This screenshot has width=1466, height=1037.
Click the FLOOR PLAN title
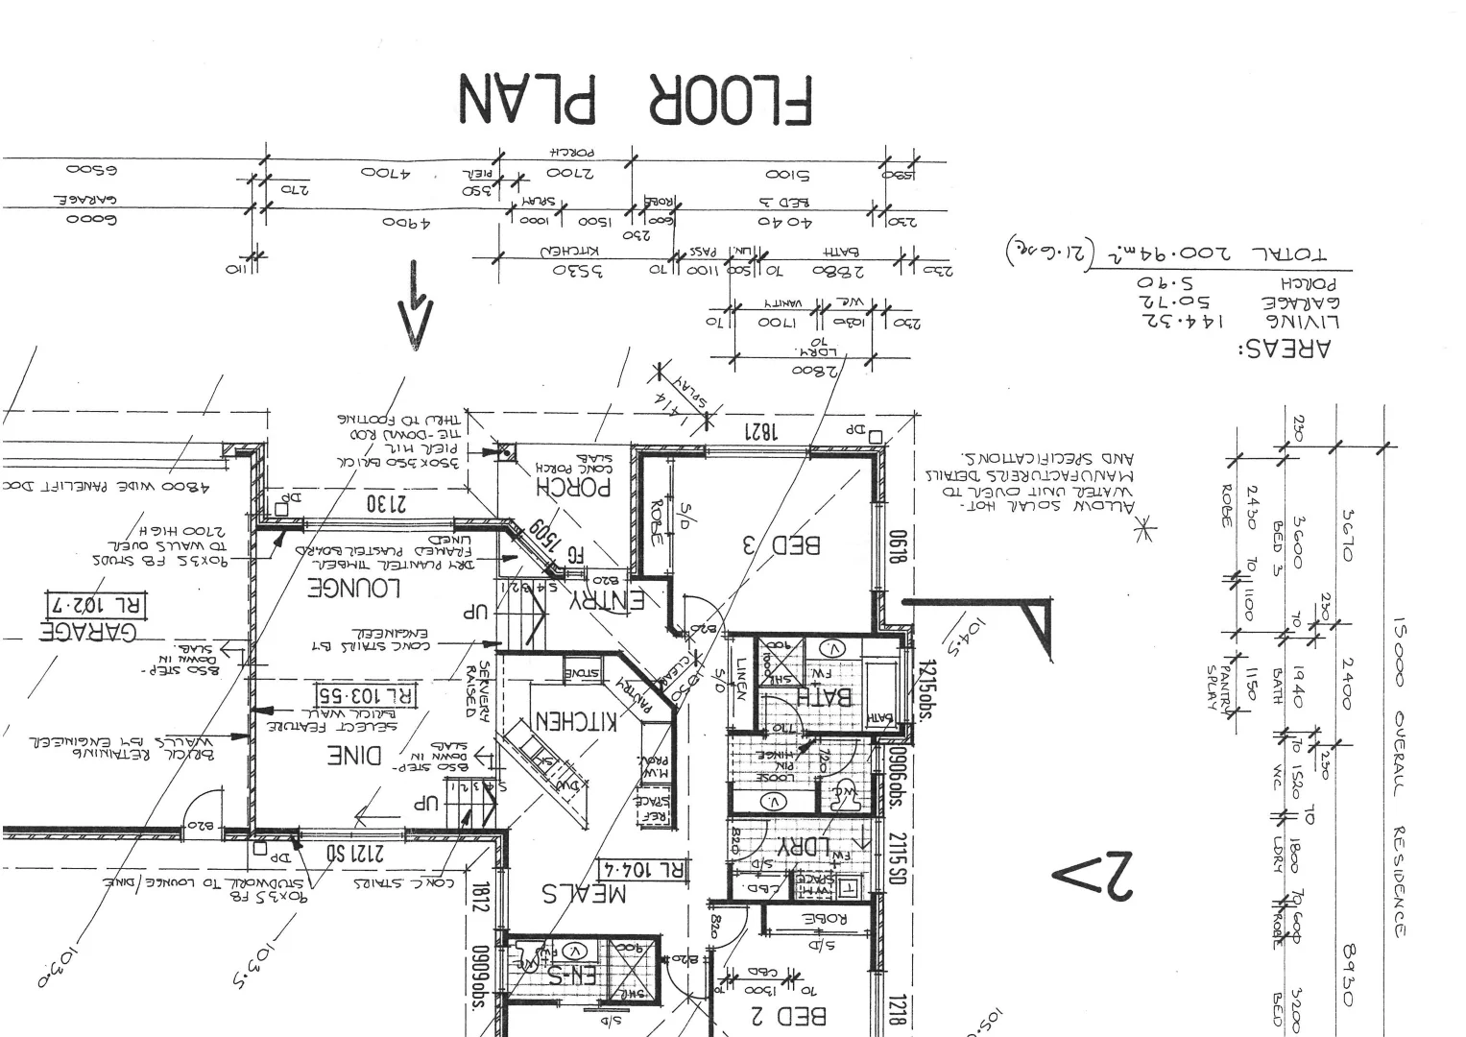tap(635, 99)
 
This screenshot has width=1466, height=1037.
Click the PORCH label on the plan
tap(573, 487)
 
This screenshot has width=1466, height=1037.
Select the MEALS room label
tap(584, 893)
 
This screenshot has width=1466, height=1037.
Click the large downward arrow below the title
tap(414, 302)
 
